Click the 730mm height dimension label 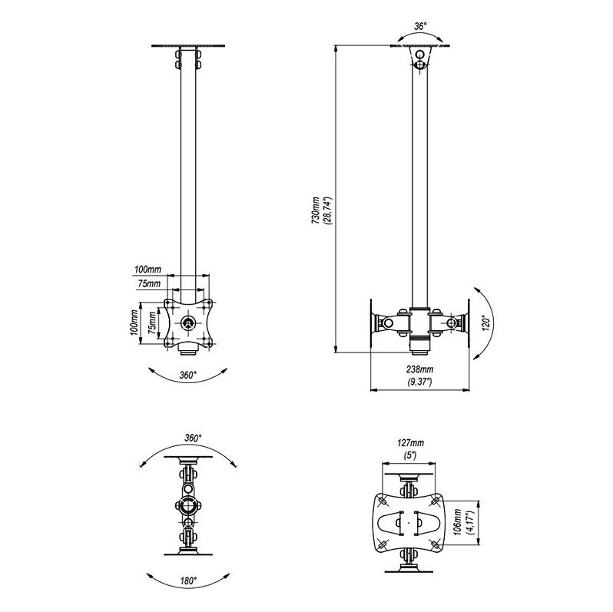(316, 210)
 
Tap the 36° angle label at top (420, 27)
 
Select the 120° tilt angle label (486, 323)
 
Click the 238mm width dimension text (420, 369)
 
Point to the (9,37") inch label (420, 382)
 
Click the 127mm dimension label (410, 443)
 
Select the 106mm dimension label (458, 521)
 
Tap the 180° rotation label (188, 581)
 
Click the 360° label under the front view (188, 375)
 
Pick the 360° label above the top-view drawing (193, 438)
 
